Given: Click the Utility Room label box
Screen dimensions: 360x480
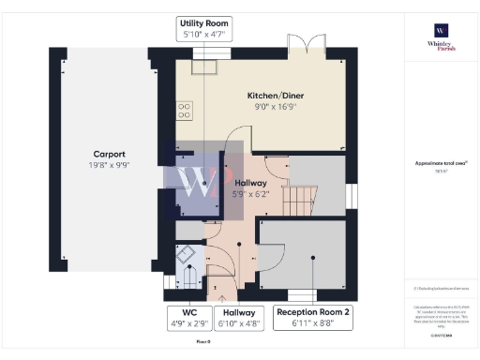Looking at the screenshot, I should [x=204, y=29].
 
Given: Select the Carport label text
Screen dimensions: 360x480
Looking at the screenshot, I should [x=111, y=154].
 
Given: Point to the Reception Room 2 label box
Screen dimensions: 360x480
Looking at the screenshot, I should [x=313, y=319].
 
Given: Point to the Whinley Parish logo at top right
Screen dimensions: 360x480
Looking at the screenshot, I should [x=440, y=37].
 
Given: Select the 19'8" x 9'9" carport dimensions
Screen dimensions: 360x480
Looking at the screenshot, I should [x=111, y=165].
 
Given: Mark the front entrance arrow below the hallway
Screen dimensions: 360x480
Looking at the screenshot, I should [x=221, y=297].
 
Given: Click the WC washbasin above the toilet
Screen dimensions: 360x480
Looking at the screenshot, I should [x=187, y=252].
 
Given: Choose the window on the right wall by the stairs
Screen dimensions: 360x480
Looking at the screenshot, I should [x=354, y=196].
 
